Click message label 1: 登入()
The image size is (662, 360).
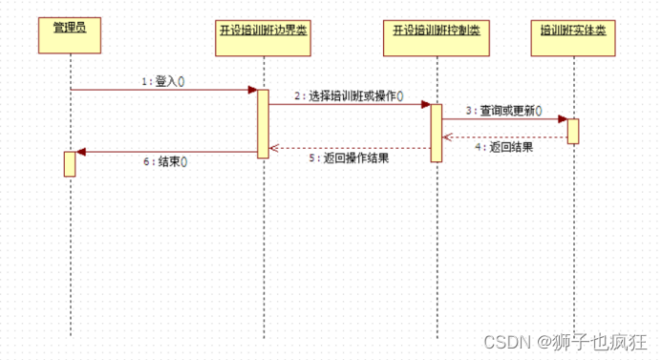point(162,81)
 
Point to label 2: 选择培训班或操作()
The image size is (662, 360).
point(349,95)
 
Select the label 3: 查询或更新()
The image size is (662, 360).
point(498,110)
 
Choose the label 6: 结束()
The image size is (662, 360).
point(165,161)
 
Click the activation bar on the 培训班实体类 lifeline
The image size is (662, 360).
point(573,131)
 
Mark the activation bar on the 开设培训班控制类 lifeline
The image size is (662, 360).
point(436,133)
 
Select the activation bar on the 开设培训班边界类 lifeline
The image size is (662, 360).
point(263,122)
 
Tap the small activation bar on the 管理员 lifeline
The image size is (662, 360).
point(70,163)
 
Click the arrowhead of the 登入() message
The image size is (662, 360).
point(252,91)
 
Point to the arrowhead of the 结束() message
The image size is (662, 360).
point(81,152)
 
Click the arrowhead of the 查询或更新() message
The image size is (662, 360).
point(563,119)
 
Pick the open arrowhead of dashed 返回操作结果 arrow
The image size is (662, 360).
point(273,148)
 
